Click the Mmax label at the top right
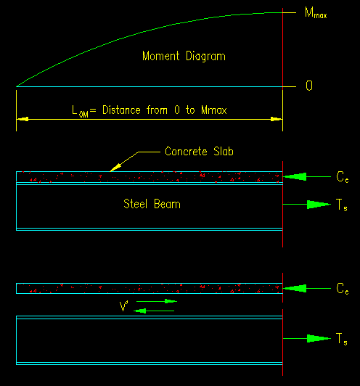[316, 13]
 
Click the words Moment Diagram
[184, 56]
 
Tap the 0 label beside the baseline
[309, 86]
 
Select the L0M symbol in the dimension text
[80, 111]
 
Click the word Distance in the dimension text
[121, 110]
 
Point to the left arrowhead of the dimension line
[22, 119]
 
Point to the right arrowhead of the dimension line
[277, 119]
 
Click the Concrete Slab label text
[199, 151]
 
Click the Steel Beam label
[152, 204]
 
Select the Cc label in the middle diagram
[343, 177]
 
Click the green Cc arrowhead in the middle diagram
[295, 176]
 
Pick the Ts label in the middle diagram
[342, 205]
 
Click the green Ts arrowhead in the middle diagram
[319, 205]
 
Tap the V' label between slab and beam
[124, 306]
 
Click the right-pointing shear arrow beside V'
[157, 301]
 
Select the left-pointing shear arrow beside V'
[154, 311]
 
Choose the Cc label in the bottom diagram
[343, 289]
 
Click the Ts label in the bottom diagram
[342, 339]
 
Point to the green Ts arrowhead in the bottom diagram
[319, 339]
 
